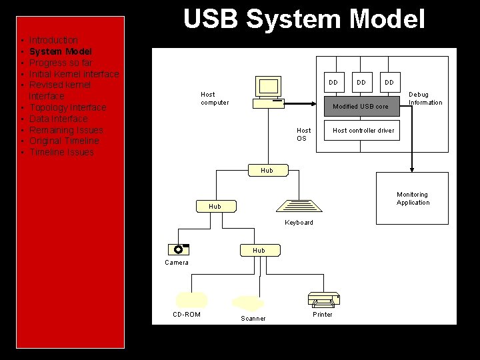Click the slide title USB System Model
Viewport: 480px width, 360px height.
304,19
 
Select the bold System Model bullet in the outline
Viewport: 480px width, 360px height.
61,51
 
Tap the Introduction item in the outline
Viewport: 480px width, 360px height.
53,40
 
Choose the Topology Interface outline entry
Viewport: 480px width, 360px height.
67,107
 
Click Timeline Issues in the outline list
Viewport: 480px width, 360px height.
61,152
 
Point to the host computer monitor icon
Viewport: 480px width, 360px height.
269,87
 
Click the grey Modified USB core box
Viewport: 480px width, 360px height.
360,106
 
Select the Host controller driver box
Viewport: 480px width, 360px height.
363,130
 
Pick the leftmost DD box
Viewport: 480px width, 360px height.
333,83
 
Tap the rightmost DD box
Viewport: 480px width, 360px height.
389,83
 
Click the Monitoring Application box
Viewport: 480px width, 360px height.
413,199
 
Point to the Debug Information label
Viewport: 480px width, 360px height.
425,99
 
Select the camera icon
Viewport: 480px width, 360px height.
179,249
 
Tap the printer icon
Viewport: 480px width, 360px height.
323,300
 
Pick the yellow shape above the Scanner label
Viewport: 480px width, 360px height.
248,303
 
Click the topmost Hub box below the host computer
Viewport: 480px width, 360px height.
267,170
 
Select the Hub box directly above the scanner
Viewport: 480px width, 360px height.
259,250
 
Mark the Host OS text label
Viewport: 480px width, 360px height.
303,134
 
